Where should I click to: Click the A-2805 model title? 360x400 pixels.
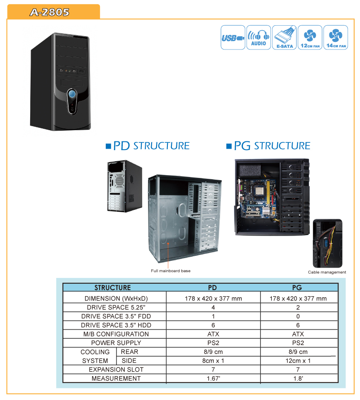point(49,12)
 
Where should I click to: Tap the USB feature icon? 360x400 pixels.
point(233,37)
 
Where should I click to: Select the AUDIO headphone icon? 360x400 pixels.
point(259,37)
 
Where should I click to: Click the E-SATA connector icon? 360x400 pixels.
point(284,37)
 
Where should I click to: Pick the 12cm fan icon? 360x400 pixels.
point(310,37)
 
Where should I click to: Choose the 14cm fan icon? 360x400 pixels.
point(336,37)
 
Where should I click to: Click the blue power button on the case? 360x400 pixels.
point(72,94)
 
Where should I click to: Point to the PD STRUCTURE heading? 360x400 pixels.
point(148,145)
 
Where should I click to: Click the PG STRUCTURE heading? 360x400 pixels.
point(269,145)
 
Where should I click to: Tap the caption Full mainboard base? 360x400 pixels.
point(171,271)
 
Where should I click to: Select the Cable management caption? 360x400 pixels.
point(327,272)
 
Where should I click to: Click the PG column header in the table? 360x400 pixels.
point(297,287)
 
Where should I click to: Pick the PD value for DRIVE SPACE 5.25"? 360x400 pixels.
point(213,307)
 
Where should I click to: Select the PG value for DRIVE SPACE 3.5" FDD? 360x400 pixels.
point(298,316)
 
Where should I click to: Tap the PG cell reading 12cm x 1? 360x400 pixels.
point(298,361)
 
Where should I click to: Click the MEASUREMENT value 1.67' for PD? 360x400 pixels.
point(213,378)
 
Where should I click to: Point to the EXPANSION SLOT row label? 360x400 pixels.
point(116,370)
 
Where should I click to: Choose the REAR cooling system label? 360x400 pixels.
point(130,352)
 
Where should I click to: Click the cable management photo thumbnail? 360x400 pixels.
point(328,243)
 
